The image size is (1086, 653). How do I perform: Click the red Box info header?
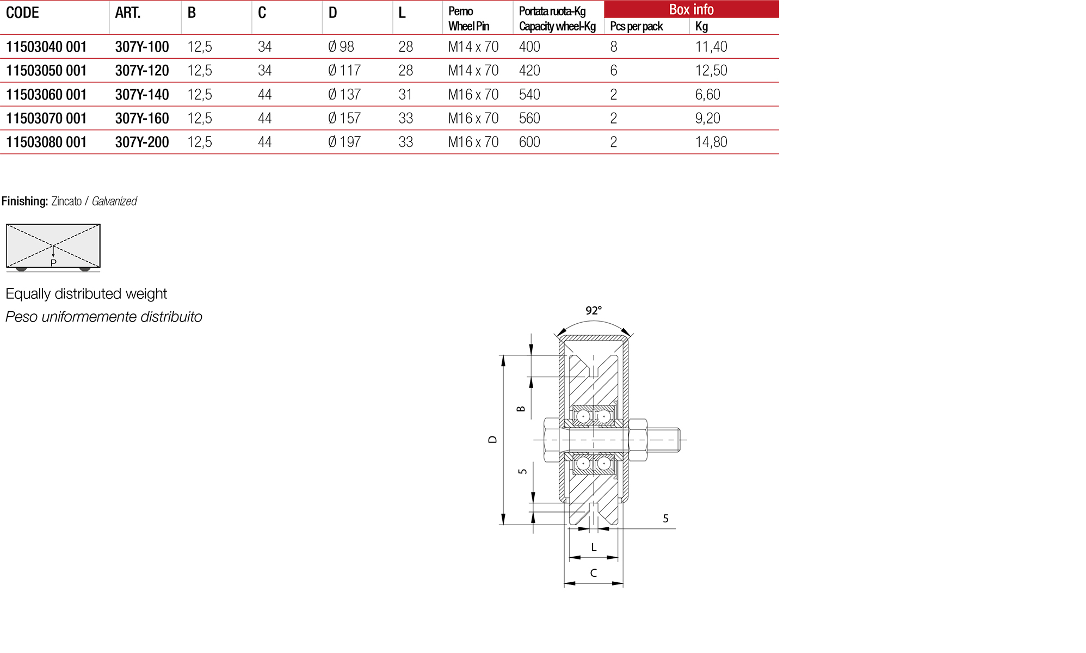[691, 9]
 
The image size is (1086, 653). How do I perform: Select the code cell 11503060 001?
[46, 95]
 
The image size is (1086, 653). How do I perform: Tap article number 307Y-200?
[142, 142]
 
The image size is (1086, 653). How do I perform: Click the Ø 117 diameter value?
[344, 71]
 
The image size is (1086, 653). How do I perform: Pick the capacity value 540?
[529, 95]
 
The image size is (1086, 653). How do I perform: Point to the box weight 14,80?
[711, 142]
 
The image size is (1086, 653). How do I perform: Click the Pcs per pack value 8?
[614, 47]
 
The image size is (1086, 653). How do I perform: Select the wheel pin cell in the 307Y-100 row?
[473, 47]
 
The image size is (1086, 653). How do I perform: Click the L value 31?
[405, 95]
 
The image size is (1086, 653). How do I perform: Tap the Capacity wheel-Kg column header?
[557, 26]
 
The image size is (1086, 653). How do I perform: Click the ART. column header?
[128, 13]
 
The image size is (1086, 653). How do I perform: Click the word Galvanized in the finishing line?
[114, 201]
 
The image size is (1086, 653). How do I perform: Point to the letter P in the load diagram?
[53, 263]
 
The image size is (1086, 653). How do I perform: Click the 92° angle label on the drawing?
[593, 311]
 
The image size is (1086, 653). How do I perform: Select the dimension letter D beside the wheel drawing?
[492, 439]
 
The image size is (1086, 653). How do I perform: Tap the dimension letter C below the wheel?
[593, 573]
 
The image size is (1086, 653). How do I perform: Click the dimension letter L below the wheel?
[593, 547]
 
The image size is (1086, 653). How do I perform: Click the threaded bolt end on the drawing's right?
[664, 440]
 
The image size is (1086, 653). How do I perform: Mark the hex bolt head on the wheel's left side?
[551, 440]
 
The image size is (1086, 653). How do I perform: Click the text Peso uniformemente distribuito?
[103, 317]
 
